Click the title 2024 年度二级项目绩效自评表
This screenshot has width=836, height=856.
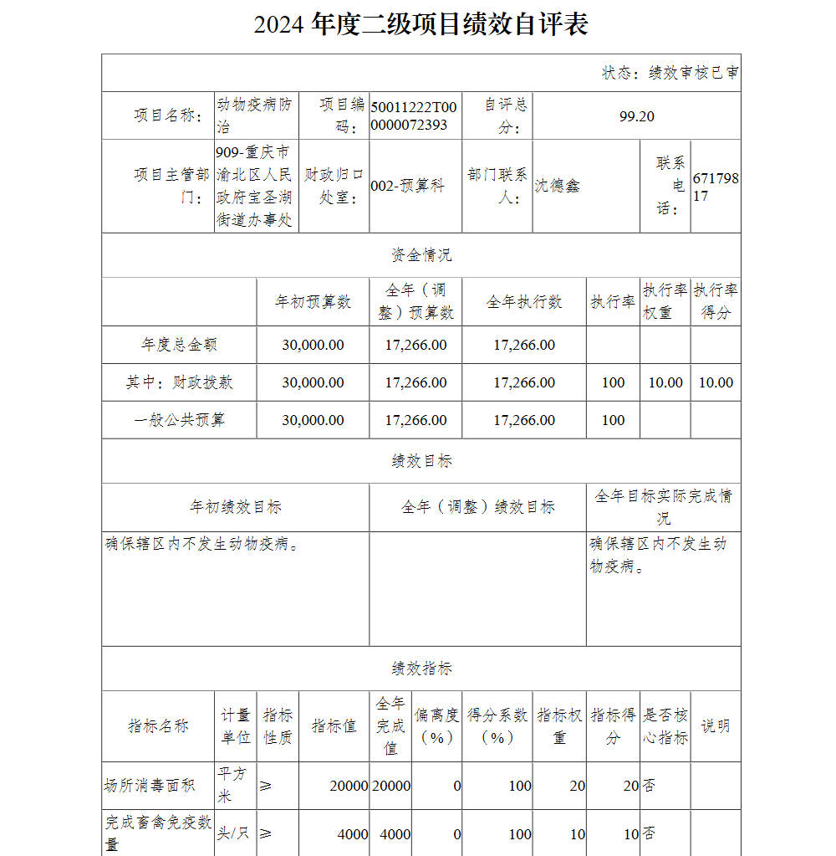pyautogui.click(x=421, y=24)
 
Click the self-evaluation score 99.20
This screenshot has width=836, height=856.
pyautogui.click(x=636, y=116)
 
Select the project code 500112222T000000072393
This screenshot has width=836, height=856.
pyautogui.click(x=414, y=116)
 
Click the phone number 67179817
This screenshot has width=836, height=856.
pyautogui.click(x=716, y=187)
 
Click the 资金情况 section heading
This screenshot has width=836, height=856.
pyautogui.click(x=421, y=254)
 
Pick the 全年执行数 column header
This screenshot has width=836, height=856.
pyautogui.click(x=524, y=302)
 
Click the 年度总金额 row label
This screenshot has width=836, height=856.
pyautogui.click(x=180, y=345)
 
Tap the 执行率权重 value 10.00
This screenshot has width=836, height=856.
pyautogui.click(x=665, y=382)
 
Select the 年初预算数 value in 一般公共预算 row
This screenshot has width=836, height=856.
pyautogui.click(x=313, y=420)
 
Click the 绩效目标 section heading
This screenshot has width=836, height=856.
pyautogui.click(x=421, y=461)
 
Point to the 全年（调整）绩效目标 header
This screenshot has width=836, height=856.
pyautogui.click(x=477, y=507)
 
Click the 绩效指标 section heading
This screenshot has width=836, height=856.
pyautogui.click(x=421, y=669)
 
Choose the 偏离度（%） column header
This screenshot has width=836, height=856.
pyautogui.click(x=436, y=726)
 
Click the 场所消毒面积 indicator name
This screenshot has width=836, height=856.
pyautogui.click(x=150, y=786)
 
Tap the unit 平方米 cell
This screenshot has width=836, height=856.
pyautogui.click(x=233, y=785)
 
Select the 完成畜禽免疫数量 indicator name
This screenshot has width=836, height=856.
pyautogui.click(x=158, y=833)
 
